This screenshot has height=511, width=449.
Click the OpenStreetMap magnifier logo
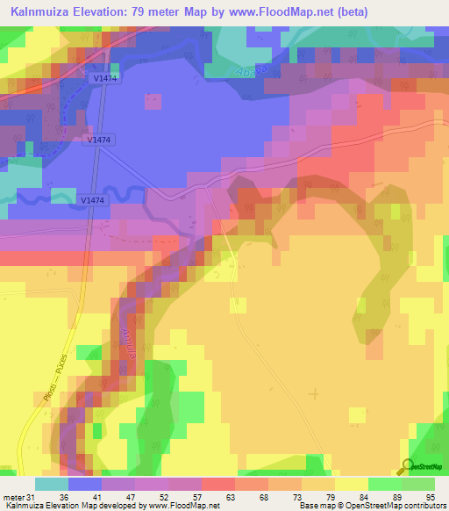406,465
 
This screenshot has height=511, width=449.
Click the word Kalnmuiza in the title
44,11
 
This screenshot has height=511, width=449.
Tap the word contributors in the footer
422,507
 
